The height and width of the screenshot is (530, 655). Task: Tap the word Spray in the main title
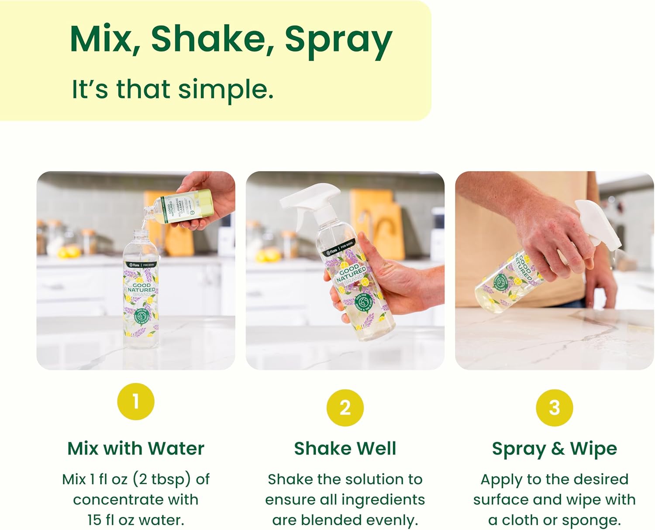coord(338,40)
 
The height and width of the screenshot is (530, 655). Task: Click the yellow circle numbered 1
coord(136,401)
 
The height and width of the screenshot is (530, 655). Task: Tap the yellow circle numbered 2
coord(345,407)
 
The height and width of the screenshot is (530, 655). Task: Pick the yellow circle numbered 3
coord(554,407)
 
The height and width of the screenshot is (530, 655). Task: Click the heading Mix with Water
coord(136,448)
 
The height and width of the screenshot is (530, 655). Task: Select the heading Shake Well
coord(345,448)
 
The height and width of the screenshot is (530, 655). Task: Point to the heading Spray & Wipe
coord(554,448)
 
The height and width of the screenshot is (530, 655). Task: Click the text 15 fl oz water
coord(136,520)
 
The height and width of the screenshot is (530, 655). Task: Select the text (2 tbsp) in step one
coord(162,479)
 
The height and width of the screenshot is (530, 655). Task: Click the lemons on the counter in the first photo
coord(68,252)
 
